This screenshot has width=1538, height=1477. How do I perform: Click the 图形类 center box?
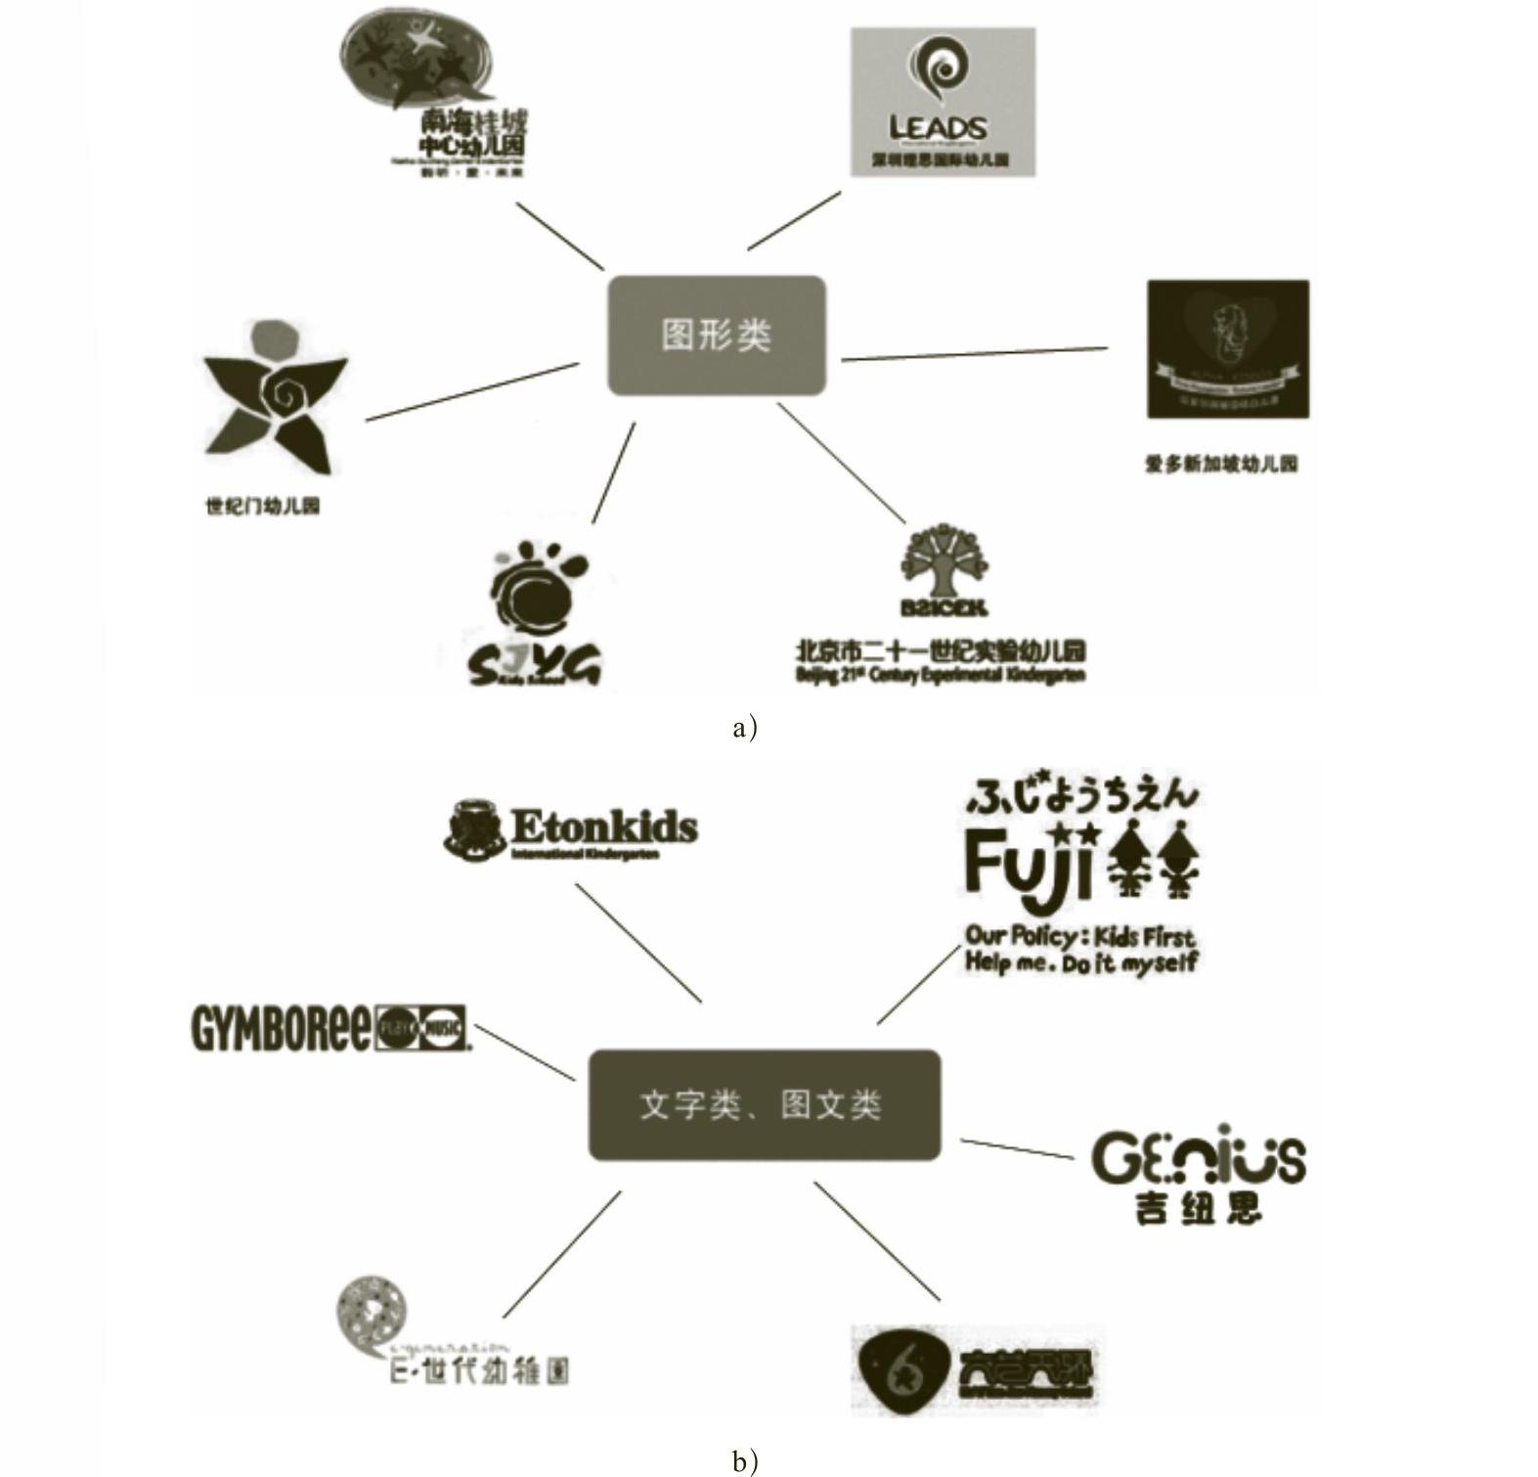pos(717,336)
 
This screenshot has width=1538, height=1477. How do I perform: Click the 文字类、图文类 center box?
pos(764,1105)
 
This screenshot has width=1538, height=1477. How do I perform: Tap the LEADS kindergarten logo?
pos(942,102)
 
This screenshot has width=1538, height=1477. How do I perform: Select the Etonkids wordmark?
pos(604,828)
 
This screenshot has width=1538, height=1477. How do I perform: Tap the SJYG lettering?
pos(534,665)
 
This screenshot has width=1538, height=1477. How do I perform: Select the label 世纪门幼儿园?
pos(262,506)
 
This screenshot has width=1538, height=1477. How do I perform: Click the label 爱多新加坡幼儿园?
pos(1221,464)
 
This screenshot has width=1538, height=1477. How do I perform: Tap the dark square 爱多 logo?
pos(1227,348)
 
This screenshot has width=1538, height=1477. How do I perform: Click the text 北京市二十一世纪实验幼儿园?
pos(941,650)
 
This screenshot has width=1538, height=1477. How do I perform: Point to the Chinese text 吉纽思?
pos(1198,1208)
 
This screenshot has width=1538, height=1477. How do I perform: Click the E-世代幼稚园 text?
pos(479,1369)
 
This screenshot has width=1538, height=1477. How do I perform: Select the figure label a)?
pos(744,727)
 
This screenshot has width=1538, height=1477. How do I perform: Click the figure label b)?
pos(744,1460)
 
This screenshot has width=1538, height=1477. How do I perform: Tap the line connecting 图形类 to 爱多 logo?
pos(975,354)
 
